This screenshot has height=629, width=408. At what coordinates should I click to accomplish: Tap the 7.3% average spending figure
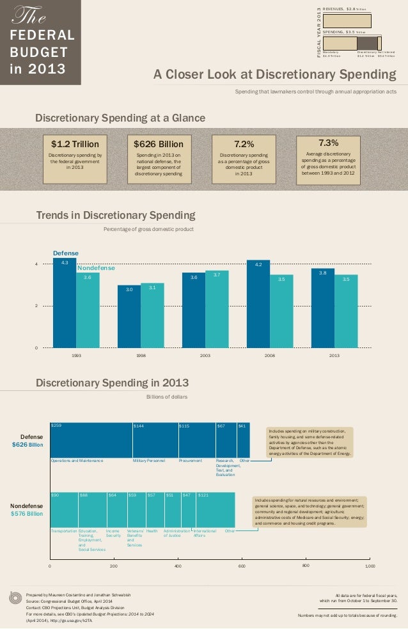click(x=327, y=143)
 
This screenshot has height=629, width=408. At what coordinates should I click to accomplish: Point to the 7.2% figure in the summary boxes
click(x=244, y=144)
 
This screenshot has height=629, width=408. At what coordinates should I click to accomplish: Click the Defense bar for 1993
click(x=64, y=304)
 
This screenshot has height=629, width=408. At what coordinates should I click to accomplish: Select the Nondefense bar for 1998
click(x=152, y=316)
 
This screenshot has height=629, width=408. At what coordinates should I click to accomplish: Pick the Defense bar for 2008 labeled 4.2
click(x=258, y=305)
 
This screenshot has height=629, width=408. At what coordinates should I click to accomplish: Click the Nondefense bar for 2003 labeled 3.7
click(x=217, y=310)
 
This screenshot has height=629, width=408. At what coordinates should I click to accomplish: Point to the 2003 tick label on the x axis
click(x=205, y=354)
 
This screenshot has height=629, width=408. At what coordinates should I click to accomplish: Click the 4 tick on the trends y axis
click(x=36, y=264)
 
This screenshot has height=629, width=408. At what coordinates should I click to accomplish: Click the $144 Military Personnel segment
click(x=155, y=440)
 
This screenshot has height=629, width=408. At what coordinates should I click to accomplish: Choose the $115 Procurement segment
click(x=196, y=440)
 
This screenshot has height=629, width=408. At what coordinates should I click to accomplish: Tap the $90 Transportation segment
click(x=64, y=509)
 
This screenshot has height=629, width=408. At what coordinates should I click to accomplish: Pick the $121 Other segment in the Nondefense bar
click(x=216, y=509)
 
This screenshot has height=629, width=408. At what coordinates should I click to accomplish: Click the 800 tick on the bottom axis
click(x=305, y=566)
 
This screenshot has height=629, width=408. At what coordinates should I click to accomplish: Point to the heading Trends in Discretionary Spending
click(x=116, y=215)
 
